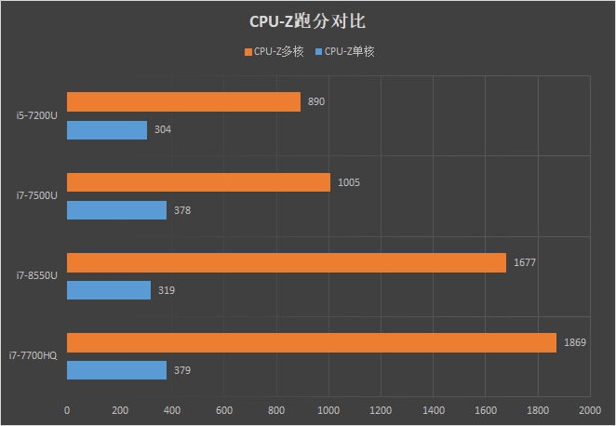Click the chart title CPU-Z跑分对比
click(307, 20)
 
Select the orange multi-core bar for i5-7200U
click(183, 101)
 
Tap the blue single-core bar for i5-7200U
click(107, 130)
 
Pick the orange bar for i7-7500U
click(198, 182)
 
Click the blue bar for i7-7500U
click(116, 210)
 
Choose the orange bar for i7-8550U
click(287, 262)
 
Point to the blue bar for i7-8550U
click(109, 290)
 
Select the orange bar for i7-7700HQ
click(312, 343)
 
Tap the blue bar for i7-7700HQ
click(116, 371)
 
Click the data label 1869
click(574, 343)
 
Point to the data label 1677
click(525, 262)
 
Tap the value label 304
click(162, 130)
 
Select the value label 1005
click(349, 182)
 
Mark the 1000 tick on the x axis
click(328, 409)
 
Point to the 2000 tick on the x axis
click(589, 409)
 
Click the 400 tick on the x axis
click(171, 409)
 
